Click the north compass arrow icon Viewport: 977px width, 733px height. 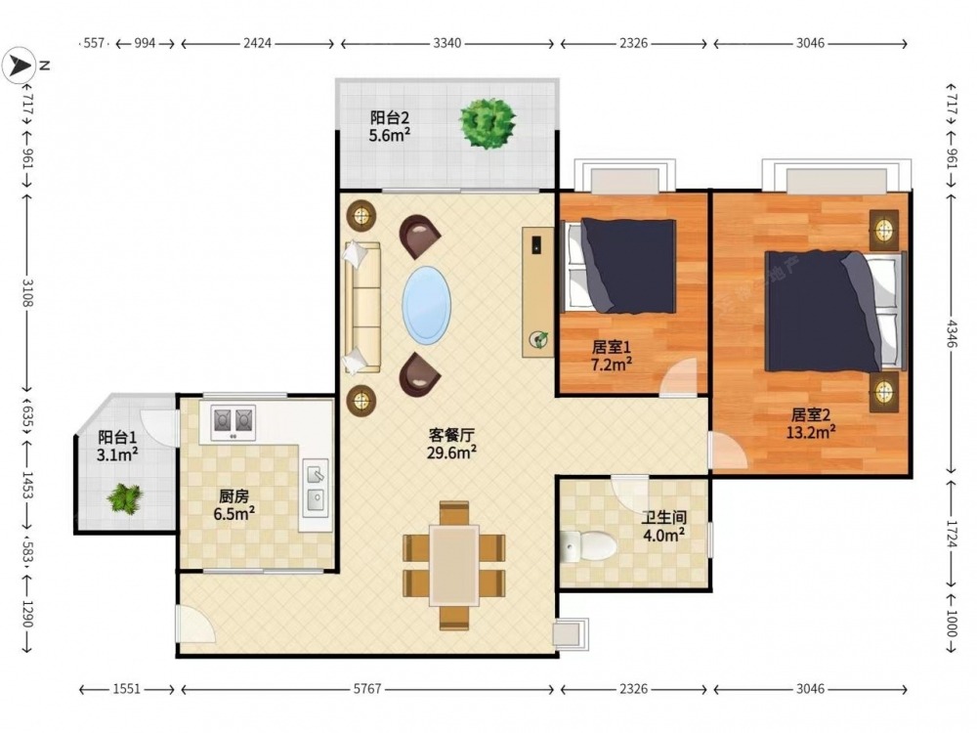click(19, 65)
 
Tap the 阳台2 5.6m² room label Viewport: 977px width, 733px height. click(390, 126)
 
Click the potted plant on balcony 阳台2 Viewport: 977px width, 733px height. click(488, 123)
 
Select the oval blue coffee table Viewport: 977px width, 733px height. click(426, 305)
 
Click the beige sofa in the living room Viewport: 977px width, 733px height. click(362, 308)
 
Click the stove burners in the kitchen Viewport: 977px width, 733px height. click(234, 422)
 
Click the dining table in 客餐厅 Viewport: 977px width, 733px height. click(453, 565)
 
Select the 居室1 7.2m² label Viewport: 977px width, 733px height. click(612, 356)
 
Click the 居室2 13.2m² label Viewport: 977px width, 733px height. click(811, 423)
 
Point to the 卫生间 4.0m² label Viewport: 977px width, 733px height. click(664, 526)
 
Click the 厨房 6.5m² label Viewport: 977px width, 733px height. click(234, 505)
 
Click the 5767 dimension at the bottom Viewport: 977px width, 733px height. click(367, 689)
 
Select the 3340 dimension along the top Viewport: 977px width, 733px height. click(447, 43)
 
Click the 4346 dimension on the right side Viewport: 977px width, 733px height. click(952, 333)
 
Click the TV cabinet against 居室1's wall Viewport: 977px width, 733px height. click(537, 291)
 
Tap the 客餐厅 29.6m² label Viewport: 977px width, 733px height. click(451, 443)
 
